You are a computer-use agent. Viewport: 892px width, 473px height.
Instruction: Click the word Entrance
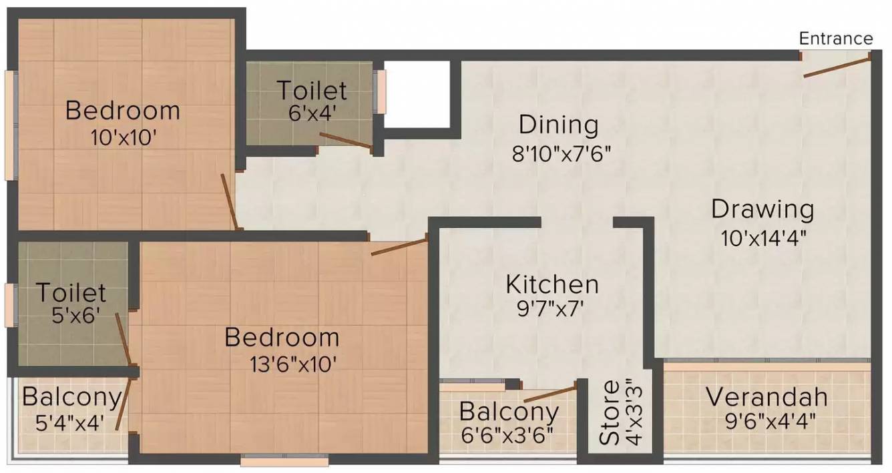point(836,39)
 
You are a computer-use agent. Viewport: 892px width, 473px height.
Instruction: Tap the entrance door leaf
point(837,67)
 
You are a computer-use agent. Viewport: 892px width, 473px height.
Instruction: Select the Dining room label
point(558,125)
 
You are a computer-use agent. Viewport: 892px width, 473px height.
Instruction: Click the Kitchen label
point(552,284)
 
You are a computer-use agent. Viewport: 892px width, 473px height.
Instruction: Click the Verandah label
point(766,398)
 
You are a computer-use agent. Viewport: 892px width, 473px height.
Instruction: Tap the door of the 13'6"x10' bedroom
point(399,246)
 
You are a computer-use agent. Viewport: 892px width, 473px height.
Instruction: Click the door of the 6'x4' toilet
point(345,140)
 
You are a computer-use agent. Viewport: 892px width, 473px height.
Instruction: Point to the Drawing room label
point(762,209)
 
